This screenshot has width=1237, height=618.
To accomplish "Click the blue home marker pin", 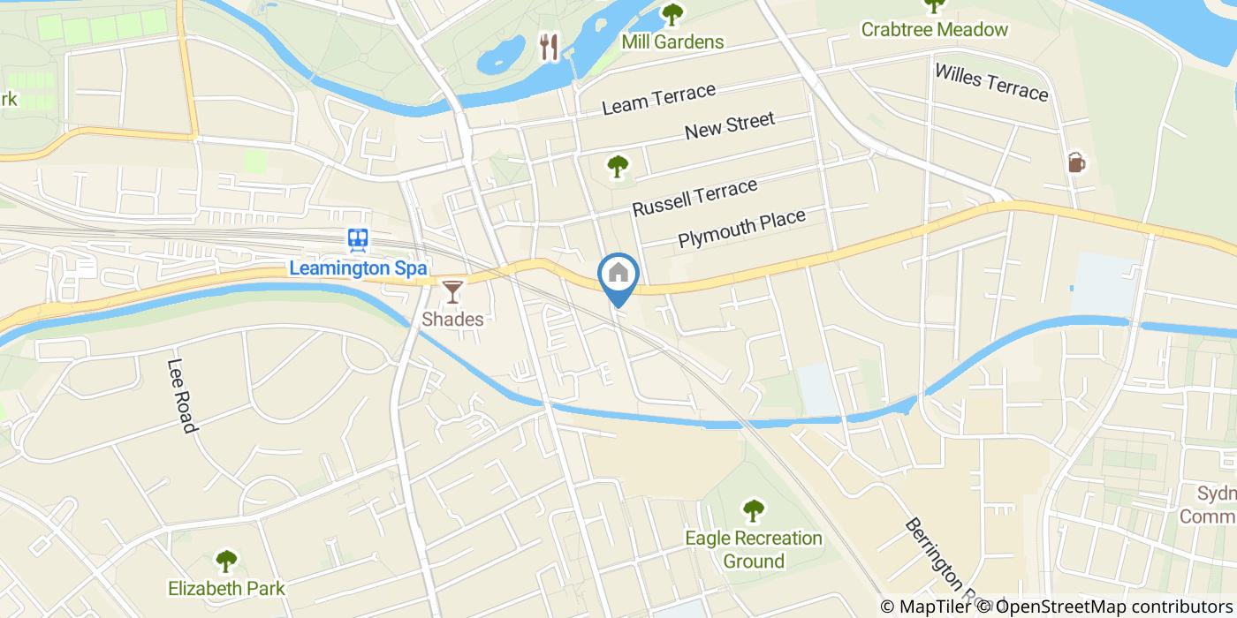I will point(618,275).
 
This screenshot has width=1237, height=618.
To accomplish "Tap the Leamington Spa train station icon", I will point(358,239).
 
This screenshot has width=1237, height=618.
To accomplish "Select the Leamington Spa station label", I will point(358,268).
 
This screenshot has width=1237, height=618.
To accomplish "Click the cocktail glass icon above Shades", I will point(452,291).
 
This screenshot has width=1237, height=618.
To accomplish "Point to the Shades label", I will point(452,319).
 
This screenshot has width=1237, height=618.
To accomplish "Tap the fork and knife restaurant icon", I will point(550,47).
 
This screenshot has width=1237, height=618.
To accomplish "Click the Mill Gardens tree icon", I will point(672,14).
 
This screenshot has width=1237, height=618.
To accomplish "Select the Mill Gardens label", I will point(672,41).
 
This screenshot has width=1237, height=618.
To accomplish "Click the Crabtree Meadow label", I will point(935,29).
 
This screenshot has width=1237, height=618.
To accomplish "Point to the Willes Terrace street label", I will point(990,81).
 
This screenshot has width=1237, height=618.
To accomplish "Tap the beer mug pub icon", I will point(1076,162).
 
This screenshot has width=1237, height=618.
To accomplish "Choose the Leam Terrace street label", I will point(658,99).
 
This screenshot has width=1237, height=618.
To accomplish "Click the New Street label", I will point(730,126).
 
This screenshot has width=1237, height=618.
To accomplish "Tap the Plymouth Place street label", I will point(741,228).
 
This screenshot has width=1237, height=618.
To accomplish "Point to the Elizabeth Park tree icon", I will point(226,561).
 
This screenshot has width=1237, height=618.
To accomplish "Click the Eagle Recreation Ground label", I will point(754,549).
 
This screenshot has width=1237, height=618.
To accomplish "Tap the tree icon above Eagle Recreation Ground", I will point(753,509).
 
